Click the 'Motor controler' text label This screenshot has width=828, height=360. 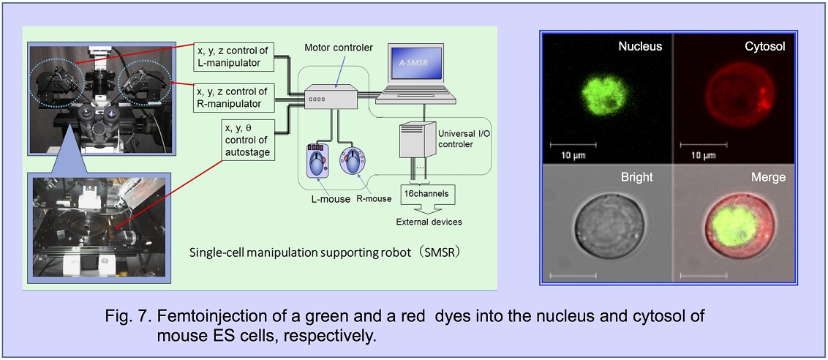pyautogui.click(x=339, y=48)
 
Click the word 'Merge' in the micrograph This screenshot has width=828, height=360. pyautogui.click(x=768, y=178)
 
